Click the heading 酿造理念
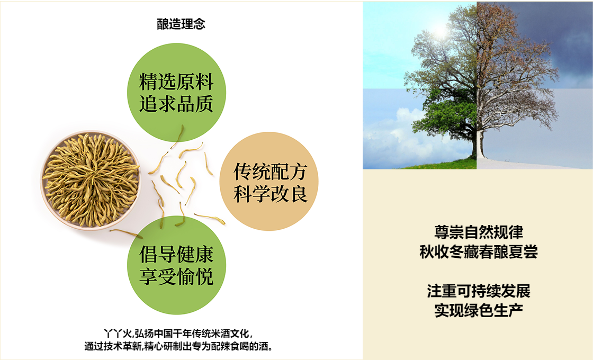(181, 24)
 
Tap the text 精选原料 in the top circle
(176, 82)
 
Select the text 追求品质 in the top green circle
(176, 104)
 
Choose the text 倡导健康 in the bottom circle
(176, 255)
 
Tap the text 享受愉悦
(176, 276)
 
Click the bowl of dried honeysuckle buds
(91, 180)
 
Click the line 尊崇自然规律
(478, 232)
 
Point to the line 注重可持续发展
(478, 291)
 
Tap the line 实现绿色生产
(478, 310)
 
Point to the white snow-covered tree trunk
(480, 143)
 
